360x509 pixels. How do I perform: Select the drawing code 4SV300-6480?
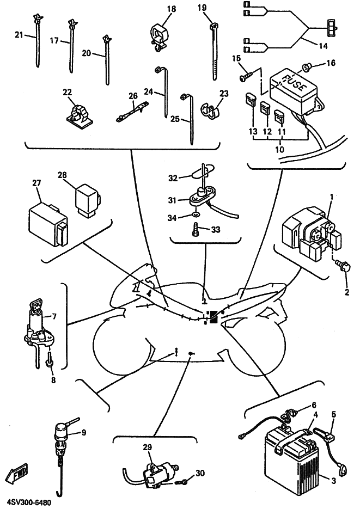point(30,499)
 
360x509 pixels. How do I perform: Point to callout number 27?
point(36,183)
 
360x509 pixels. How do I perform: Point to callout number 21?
point(19,35)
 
